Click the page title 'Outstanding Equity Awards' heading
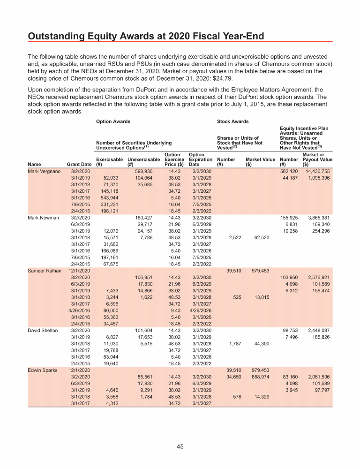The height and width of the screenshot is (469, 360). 146,36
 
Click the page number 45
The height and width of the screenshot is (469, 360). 180,446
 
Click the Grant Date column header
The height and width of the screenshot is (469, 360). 79,165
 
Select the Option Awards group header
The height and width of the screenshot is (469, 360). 113,121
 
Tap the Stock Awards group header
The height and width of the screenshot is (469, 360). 233,121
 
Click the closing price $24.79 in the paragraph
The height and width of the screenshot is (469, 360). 220,78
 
